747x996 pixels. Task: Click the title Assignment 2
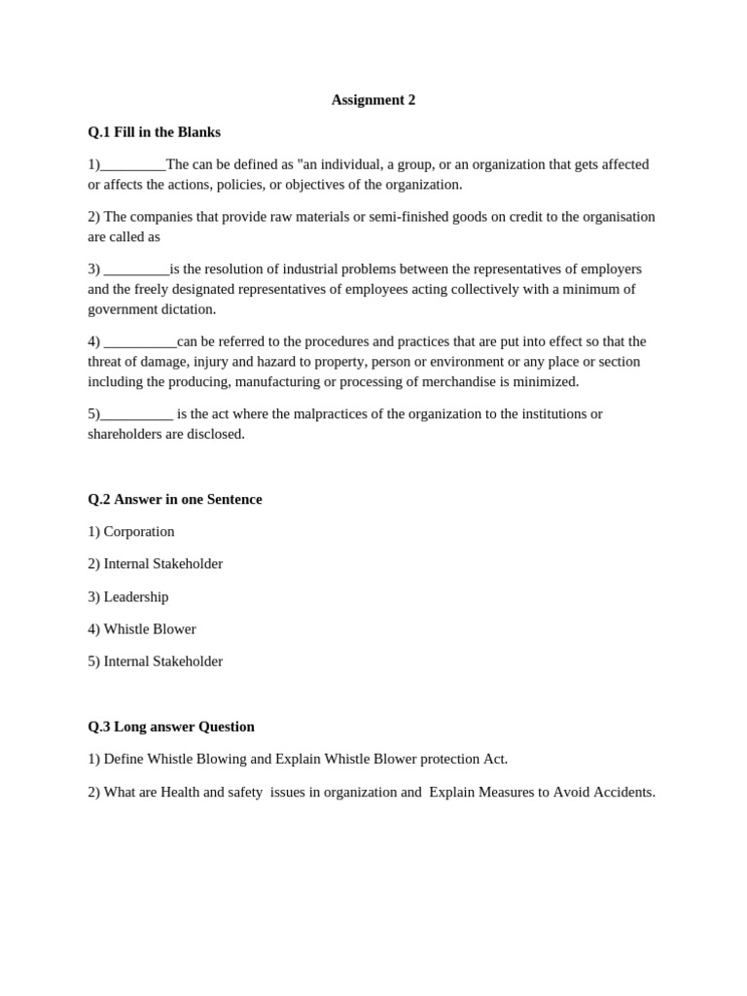pos(373,100)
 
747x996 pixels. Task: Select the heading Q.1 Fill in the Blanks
pos(154,132)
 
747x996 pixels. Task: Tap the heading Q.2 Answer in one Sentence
pos(175,499)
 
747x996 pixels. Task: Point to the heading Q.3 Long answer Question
pos(171,727)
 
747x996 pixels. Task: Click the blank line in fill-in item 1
pos(133,165)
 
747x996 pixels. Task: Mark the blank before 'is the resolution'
pos(136,269)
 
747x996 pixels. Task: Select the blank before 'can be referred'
pos(140,342)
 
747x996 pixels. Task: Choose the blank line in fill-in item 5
pos(137,414)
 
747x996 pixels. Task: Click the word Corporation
pos(139,532)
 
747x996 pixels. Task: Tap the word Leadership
pos(136,597)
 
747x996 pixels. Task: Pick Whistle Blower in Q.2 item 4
pos(150,629)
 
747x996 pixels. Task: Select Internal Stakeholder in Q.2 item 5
pos(163,661)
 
